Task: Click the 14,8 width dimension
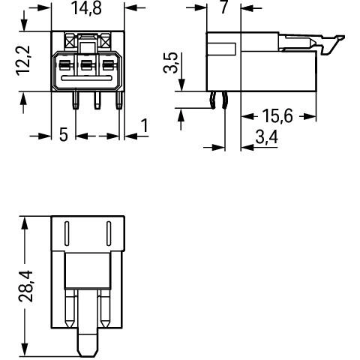[87, 8]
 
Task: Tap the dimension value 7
[223, 7]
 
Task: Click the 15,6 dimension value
[277, 116]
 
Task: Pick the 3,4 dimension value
[266, 137]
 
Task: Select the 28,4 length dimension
[25, 286]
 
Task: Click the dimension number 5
[64, 135]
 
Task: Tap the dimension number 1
[145, 125]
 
